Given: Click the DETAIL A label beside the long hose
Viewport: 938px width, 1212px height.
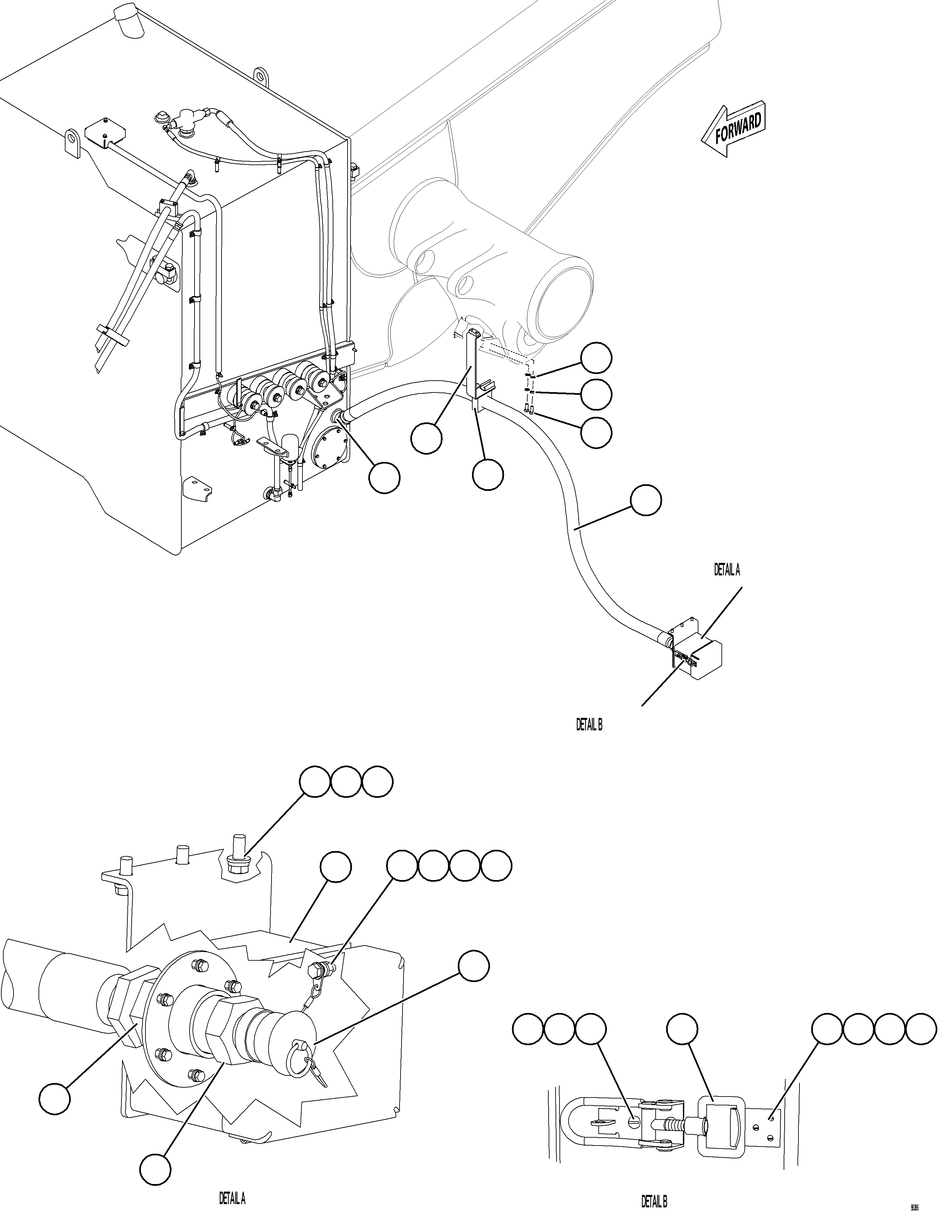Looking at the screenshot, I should point(726,570).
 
